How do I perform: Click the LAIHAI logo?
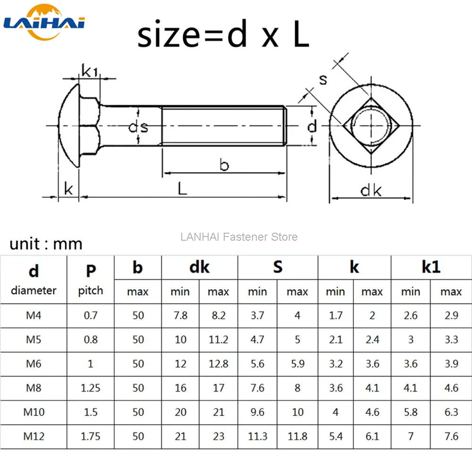click(44, 22)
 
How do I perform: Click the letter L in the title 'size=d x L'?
click(301, 34)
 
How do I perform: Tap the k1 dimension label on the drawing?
click(90, 71)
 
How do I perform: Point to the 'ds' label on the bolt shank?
click(138, 126)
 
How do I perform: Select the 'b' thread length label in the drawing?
click(224, 164)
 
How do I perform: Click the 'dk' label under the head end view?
click(371, 190)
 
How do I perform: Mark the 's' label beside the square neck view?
click(323, 80)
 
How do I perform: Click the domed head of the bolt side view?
click(68, 126)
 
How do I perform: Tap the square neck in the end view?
click(371, 126)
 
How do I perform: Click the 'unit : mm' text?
click(46, 244)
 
